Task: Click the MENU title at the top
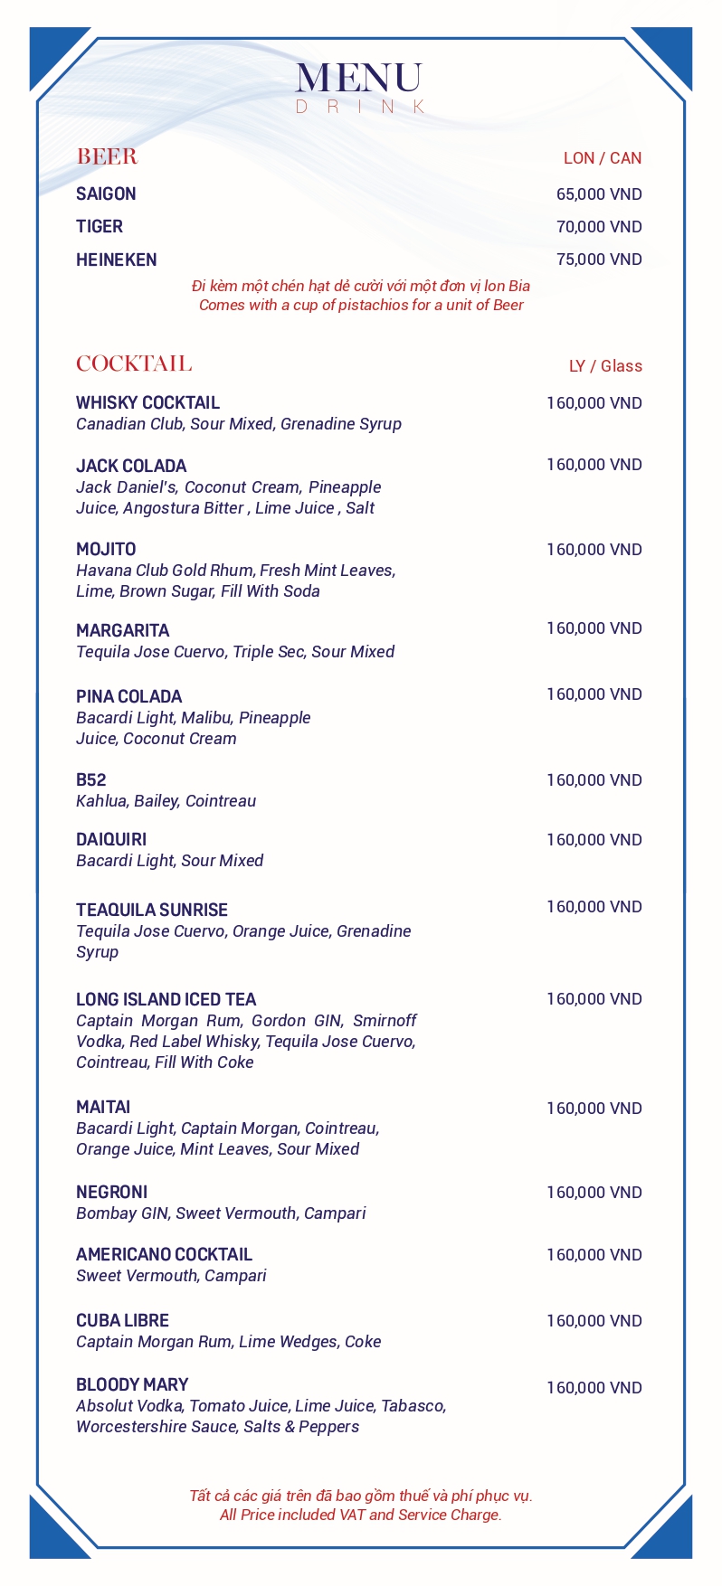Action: pyautogui.click(x=359, y=79)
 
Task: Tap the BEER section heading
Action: pyautogui.click(x=107, y=157)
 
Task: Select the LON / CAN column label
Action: pyautogui.click(x=602, y=158)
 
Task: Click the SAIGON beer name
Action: pyautogui.click(x=106, y=194)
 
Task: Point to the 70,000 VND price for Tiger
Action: pyautogui.click(x=599, y=227)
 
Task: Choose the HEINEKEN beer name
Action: pyautogui.click(x=116, y=260)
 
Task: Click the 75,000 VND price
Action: pyautogui.click(x=599, y=260)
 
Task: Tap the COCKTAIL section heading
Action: pyautogui.click(x=134, y=363)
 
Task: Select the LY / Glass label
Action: pyautogui.click(x=605, y=366)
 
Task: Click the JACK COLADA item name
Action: pyautogui.click(x=131, y=467)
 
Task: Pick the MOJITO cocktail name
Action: pyautogui.click(x=106, y=550)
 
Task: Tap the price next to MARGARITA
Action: pyautogui.click(x=594, y=628)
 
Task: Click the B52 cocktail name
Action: pyautogui.click(x=90, y=780)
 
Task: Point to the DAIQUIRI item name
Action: pyautogui.click(x=111, y=840)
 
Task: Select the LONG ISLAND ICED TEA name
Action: pyautogui.click(x=166, y=1000)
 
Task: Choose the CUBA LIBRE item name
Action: pyautogui.click(x=122, y=1321)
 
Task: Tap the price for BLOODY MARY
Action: pyautogui.click(x=594, y=1388)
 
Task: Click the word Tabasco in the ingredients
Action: pyautogui.click(x=413, y=1406)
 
